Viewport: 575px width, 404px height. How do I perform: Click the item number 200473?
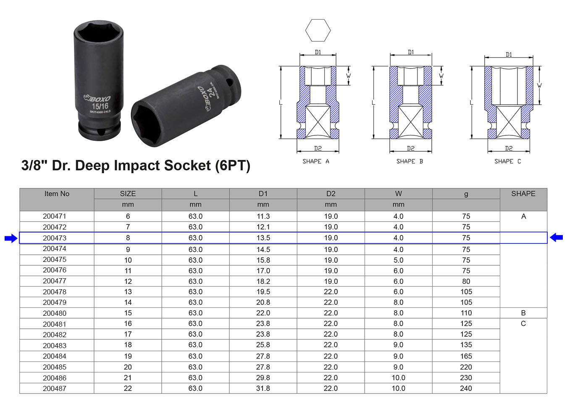pos(55,238)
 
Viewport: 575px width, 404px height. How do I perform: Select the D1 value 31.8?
pos(263,388)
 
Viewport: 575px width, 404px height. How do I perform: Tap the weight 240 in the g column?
pos(466,388)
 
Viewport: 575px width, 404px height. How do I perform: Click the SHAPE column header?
pos(523,194)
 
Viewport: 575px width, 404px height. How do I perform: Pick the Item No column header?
pos(57,194)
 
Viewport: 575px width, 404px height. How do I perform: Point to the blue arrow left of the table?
pos(11,238)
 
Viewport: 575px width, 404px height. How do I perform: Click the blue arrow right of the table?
pos(557,238)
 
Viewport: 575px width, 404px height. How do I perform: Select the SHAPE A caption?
pos(316,161)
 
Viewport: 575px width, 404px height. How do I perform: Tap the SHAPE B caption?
pos(410,161)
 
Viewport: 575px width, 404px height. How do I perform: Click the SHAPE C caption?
pos(507,161)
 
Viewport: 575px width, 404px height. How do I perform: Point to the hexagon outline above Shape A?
pos(318,30)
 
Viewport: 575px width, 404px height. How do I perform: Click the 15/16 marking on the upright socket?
pos(100,106)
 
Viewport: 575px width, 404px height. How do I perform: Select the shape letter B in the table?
pos(523,313)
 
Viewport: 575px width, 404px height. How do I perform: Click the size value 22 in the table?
pos(128,388)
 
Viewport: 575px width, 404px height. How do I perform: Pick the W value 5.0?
pos(398,260)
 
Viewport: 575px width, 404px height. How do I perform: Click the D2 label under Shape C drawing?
pos(509,148)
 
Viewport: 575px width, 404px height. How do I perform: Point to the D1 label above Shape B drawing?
pos(411,52)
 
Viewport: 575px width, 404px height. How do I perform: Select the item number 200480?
pos(55,313)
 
